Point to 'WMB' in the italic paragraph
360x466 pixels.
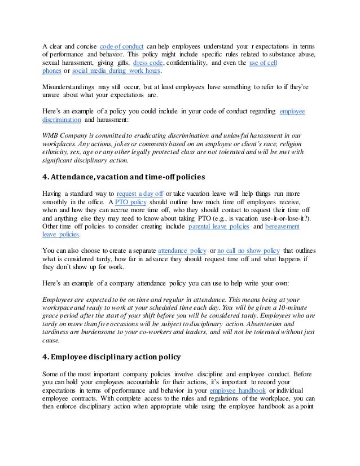(x=52, y=135)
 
